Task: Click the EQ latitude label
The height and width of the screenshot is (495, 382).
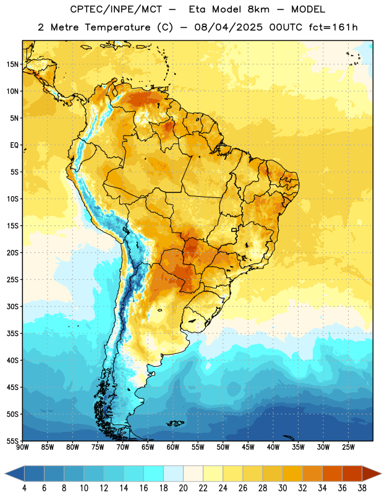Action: click(14, 145)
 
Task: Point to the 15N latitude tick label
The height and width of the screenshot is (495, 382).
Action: click(12, 64)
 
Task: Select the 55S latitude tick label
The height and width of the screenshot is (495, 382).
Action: click(12, 441)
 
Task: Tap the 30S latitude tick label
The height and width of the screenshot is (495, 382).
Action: click(12, 306)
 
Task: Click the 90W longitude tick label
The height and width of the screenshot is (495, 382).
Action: click(22, 447)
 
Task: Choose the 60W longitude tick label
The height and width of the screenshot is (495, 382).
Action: click(173, 447)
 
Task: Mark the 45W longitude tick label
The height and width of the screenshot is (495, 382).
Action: click(248, 447)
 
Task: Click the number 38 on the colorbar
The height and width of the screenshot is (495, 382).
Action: click(362, 488)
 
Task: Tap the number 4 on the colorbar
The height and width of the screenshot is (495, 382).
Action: click(24, 488)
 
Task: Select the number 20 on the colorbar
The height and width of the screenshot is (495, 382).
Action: click(183, 488)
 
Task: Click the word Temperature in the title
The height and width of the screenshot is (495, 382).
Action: click(117, 27)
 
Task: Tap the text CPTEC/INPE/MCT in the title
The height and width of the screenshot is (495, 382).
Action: click(116, 9)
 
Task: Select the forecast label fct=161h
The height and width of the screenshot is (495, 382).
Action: click(333, 27)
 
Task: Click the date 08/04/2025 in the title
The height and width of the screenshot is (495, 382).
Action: click(228, 27)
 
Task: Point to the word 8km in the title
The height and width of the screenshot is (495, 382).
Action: click(258, 9)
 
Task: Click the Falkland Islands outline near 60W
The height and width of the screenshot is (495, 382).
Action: click(176, 423)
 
